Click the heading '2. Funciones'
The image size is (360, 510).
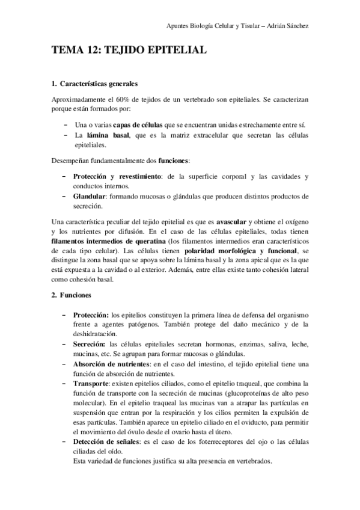tap(71, 296)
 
